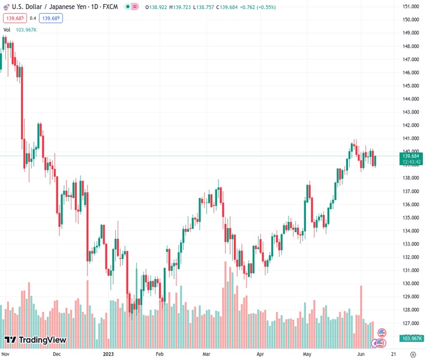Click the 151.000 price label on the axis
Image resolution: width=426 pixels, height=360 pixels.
tap(410, 7)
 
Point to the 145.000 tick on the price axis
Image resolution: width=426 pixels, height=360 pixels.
tap(410, 86)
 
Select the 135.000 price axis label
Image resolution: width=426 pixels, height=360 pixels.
tap(410, 218)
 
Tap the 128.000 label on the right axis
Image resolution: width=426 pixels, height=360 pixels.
tap(410, 310)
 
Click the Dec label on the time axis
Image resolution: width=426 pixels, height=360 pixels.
tap(56, 354)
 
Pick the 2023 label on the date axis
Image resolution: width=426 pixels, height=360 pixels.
tap(109, 354)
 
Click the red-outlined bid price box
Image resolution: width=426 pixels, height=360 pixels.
tap(13, 18)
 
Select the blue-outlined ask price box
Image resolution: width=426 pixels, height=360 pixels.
tap(51, 18)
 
